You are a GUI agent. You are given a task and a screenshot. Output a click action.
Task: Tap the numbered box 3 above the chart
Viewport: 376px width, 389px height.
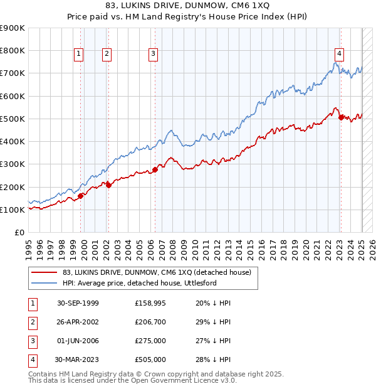(x=153, y=55)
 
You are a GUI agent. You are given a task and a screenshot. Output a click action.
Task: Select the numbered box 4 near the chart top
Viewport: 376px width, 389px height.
(x=338, y=55)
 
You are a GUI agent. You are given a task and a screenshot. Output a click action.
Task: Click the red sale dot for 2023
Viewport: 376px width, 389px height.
(x=341, y=117)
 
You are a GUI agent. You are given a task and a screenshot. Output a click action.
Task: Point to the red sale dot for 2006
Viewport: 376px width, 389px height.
(x=155, y=169)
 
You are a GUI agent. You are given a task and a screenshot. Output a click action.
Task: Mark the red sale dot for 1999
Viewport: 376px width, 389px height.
(x=81, y=196)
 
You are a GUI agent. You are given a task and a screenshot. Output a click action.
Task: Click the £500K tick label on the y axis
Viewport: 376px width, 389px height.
(x=13, y=119)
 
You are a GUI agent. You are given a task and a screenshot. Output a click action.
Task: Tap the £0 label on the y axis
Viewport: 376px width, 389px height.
(x=19, y=233)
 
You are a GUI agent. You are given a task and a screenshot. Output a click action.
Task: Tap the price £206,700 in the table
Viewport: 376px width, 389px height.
(x=150, y=322)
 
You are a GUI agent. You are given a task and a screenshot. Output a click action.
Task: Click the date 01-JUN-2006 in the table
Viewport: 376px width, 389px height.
(x=77, y=341)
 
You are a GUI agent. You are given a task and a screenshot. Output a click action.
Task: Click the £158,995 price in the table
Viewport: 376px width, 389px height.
(x=150, y=303)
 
